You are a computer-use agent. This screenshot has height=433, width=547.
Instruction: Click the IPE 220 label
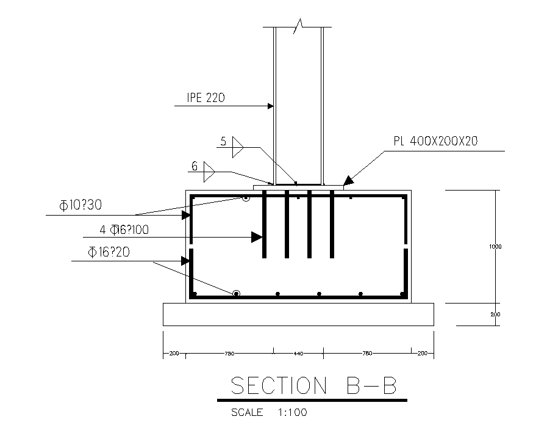207,97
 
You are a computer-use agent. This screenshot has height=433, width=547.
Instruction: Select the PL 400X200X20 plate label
435,141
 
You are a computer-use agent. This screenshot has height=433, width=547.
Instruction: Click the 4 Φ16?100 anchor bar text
124,230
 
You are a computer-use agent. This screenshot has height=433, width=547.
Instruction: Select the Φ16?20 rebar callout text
109,252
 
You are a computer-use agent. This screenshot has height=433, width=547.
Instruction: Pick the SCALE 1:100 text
269,412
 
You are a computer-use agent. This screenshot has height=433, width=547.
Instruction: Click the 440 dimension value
298,354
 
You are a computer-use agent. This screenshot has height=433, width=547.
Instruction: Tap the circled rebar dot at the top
246,198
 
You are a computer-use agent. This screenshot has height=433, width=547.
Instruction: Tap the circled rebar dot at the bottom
236,294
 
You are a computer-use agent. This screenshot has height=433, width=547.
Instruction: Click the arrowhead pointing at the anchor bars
257,236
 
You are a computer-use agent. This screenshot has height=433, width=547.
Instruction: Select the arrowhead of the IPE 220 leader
270,106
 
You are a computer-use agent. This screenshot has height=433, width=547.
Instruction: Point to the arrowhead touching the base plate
348,181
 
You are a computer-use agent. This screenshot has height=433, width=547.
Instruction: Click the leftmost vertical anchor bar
265,224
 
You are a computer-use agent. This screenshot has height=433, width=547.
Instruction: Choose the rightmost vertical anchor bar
332,224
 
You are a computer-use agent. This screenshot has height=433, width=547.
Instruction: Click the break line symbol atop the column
298,26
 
